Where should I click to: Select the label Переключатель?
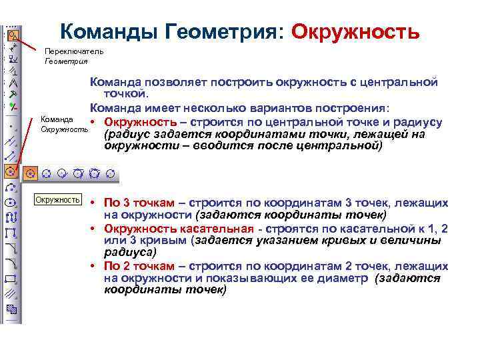tap(73, 51)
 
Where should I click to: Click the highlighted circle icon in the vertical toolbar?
tap(11, 171)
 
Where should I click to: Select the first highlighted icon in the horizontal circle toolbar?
tap(29, 173)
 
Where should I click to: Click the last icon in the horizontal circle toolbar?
tap(112, 173)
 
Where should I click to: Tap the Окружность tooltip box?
tap(58, 199)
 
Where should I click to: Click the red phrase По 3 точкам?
tap(141, 203)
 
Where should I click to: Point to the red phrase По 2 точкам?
tap(141, 266)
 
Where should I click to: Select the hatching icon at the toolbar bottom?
tap(11, 309)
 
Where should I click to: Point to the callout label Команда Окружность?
tap(64, 123)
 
